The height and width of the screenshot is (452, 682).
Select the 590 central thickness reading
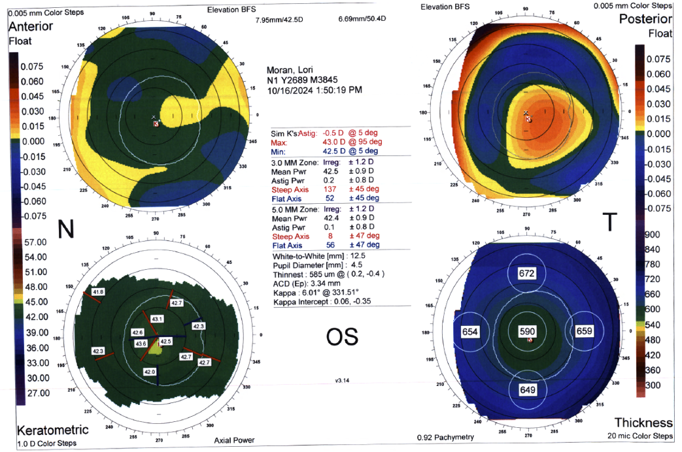(527, 332)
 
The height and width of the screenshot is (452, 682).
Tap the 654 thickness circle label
(471, 332)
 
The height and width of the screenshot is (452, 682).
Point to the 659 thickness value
(584, 331)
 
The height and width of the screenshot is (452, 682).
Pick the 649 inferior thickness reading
(528, 390)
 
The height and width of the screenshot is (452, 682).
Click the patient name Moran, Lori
(291, 70)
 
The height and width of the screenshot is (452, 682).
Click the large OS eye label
(342, 336)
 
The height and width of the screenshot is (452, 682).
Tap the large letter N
(66, 229)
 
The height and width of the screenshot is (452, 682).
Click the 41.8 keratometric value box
(99, 291)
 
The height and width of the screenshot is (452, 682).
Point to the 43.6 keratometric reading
(141, 343)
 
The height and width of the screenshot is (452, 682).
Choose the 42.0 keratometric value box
(150, 371)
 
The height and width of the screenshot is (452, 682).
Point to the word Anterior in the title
(31, 27)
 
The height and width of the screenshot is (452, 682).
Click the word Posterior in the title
(645, 20)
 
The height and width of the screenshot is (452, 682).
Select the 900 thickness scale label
(653, 235)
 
